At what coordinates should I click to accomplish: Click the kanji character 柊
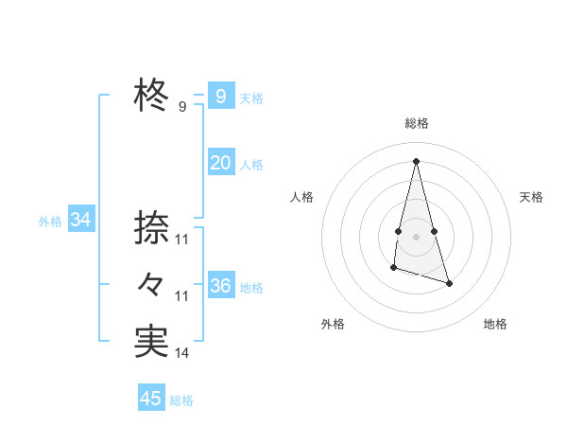(151, 96)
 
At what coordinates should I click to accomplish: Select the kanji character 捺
(151, 228)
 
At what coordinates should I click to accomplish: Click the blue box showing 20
(220, 163)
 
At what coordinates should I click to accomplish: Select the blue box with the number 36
(220, 286)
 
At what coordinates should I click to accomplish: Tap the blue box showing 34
(80, 220)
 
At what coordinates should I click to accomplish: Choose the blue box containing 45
(151, 399)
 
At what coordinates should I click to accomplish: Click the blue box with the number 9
(220, 96)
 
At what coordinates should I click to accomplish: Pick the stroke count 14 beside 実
(181, 353)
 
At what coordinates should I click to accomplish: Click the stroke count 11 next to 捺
(181, 240)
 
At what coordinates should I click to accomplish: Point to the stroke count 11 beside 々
(181, 296)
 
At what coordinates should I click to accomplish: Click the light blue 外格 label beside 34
(50, 222)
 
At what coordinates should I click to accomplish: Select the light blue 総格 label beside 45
(181, 400)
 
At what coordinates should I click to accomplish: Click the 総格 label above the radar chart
(416, 123)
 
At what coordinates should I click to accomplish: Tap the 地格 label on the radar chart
(495, 324)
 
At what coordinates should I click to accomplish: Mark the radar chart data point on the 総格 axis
(416, 160)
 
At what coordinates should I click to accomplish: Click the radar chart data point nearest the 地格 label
(449, 283)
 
